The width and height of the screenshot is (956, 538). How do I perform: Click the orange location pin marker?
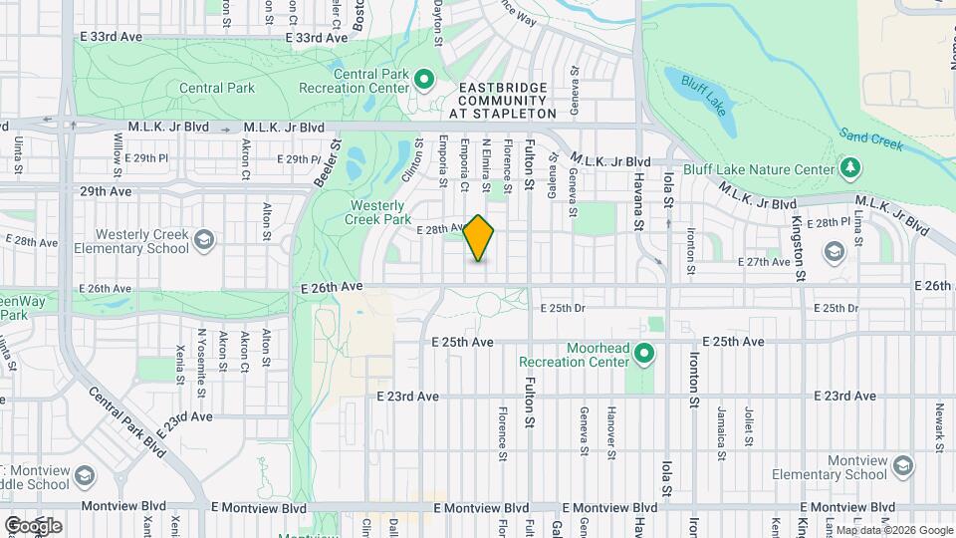pos(479,238)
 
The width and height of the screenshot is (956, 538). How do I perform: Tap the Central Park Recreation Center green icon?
pos(422,78)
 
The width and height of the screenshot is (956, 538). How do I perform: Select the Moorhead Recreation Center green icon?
pos(644,353)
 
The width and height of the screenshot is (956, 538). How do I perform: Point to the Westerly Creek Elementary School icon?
pos(204,239)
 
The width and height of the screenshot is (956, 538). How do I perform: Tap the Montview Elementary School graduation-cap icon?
pos(902,466)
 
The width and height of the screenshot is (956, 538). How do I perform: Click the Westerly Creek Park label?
pos(379,211)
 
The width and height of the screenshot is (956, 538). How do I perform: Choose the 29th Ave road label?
pos(106,190)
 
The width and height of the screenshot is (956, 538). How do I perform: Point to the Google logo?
pos(33,525)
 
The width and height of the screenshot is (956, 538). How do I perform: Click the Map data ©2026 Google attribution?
pos(888,530)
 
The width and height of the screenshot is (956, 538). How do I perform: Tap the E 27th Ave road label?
pos(763,261)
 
